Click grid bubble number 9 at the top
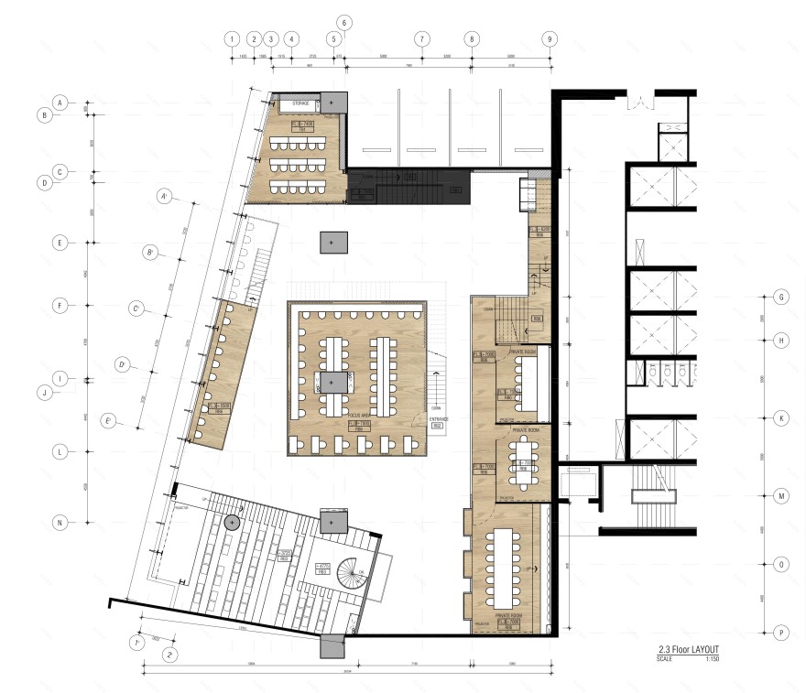[x=549, y=39]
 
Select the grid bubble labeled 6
[x=344, y=22]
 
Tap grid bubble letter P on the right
[x=781, y=632]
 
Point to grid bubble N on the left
[x=60, y=523]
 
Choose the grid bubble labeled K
[x=781, y=417]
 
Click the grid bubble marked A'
[x=165, y=197]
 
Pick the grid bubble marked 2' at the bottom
[x=170, y=655]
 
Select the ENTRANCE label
[x=439, y=418]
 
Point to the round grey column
[x=232, y=522]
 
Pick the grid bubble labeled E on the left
[x=60, y=244]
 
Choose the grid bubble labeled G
[x=781, y=298]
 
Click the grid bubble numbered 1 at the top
[x=234, y=39]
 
